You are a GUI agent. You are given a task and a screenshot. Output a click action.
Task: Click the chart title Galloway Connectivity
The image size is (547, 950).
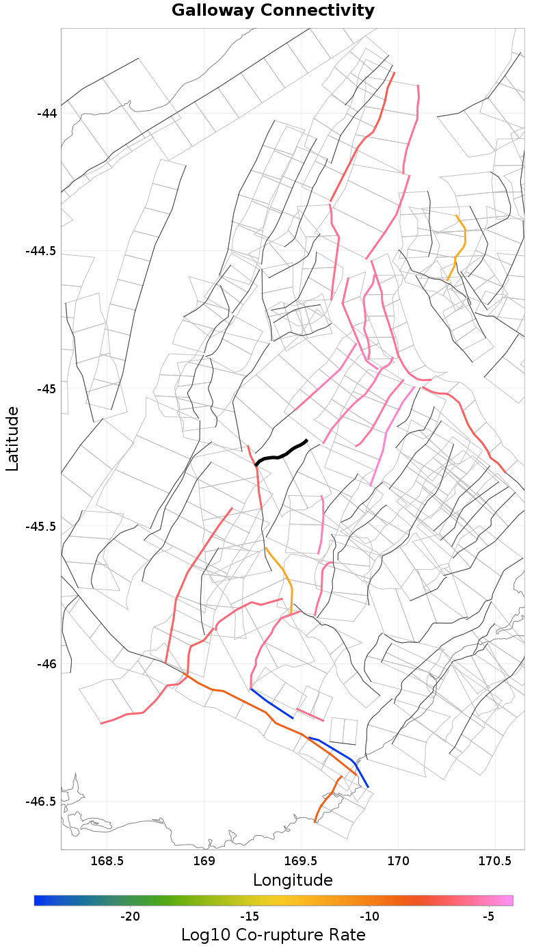pyautogui.click(x=273, y=11)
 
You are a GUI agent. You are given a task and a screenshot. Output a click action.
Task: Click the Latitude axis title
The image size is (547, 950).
pyautogui.click(x=12, y=438)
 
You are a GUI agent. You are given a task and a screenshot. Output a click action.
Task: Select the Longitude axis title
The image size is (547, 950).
pyautogui.click(x=293, y=880)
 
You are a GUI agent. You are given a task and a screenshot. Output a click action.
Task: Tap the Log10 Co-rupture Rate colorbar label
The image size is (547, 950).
pyautogui.click(x=273, y=935)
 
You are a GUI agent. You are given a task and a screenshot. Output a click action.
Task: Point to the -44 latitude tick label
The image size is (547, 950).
pyautogui.click(x=46, y=113)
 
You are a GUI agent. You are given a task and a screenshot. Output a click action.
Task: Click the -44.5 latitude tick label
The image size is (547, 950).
pyautogui.click(x=42, y=251)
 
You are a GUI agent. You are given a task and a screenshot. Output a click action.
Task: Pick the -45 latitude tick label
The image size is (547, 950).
pyautogui.click(x=46, y=388)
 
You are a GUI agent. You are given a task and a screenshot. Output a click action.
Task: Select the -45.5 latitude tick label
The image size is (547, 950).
pyautogui.click(x=42, y=527)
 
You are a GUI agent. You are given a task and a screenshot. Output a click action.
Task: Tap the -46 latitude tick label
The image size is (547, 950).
pyautogui.click(x=46, y=664)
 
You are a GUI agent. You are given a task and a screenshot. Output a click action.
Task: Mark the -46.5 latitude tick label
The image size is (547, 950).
pyautogui.click(x=42, y=802)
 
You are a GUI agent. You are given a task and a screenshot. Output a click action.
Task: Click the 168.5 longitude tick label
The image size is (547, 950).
pyautogui.click(x=107, y=861)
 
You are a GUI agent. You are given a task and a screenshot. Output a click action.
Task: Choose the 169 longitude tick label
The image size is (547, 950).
pyautogui.click(x=204, y=861)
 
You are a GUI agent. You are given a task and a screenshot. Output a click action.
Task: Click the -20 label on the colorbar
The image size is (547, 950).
pyautogui.click(x=130, y=916)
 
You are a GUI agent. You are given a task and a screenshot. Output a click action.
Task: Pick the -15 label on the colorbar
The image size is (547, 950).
pyautogui.click(x=250, y=916)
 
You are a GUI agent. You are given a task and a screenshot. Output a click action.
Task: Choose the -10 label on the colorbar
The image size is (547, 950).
pyautogui.click(x=369, y=916)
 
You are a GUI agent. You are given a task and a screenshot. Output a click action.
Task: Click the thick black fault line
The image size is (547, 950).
pyautogui.click(x=280, y=454)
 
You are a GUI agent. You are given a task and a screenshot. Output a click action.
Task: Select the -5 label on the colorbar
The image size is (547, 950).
pyautogui.click(x=488, y=916)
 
